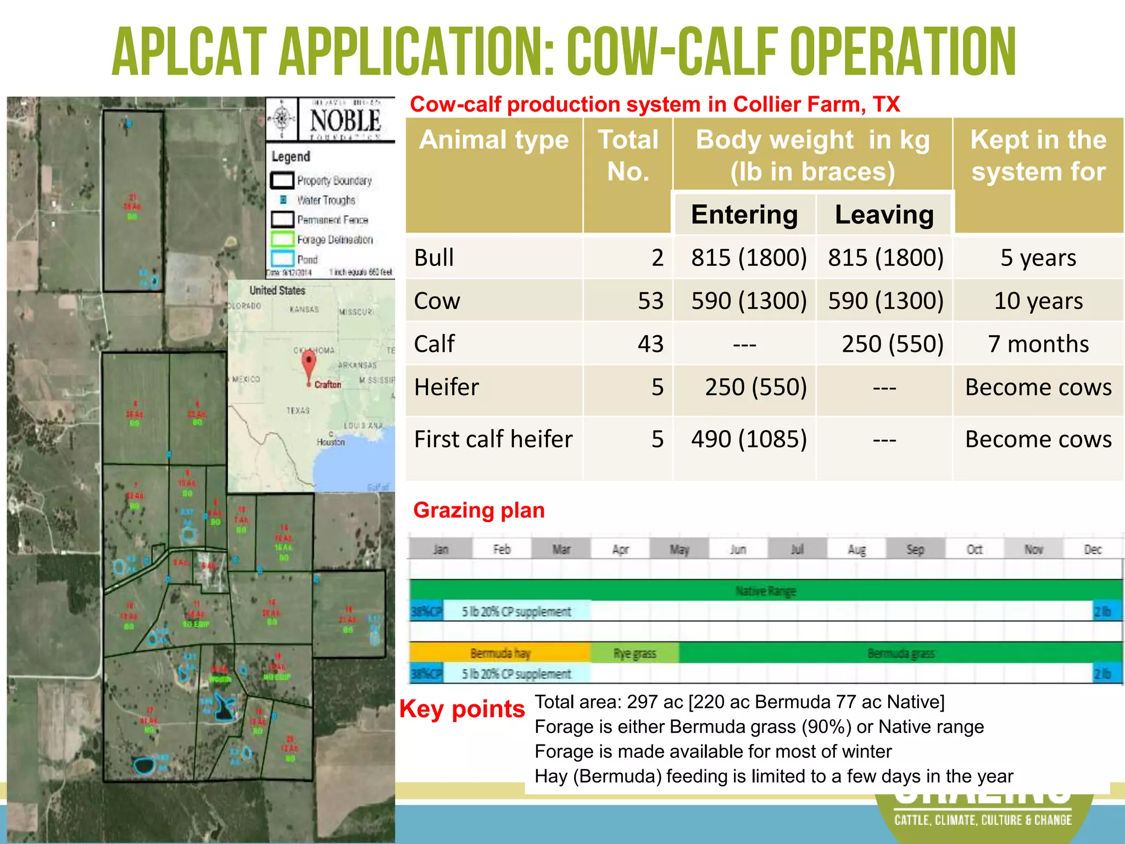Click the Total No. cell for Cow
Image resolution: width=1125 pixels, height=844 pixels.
tap(650, 301)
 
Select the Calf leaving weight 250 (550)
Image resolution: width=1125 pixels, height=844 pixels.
tap(892, 344)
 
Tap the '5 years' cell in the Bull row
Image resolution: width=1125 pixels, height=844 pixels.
tap(1038, 258)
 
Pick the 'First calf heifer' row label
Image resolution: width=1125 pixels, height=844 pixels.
tap(493, 440)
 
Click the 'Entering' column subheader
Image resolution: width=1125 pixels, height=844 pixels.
tap(744, 214)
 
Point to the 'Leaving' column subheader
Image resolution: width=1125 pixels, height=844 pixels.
tap(884, 214)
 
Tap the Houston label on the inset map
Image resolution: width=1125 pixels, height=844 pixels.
tap(331, 442)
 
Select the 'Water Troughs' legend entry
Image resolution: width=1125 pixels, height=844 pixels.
tap(326, 201)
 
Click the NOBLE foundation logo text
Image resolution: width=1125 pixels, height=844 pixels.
tap(345, 120)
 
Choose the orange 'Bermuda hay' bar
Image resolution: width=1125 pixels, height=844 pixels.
tap(500, 653)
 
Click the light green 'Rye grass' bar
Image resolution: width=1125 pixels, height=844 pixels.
tap(634, 653)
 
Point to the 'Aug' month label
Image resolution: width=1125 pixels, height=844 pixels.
tap(856, 549)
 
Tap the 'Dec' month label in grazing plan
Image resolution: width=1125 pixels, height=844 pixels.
tap(1093, 549)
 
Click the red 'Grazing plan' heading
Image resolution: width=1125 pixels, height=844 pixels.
tap(478, 510)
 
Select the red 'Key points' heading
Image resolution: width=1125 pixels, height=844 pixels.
tap(462, 709)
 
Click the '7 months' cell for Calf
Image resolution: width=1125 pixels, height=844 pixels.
tap(1038, 344)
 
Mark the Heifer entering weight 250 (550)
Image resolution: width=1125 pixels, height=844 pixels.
tap(755, 387)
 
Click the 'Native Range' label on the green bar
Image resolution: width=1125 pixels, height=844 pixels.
tap(766, 591)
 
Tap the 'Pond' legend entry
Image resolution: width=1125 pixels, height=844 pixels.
tap(307, 259)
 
